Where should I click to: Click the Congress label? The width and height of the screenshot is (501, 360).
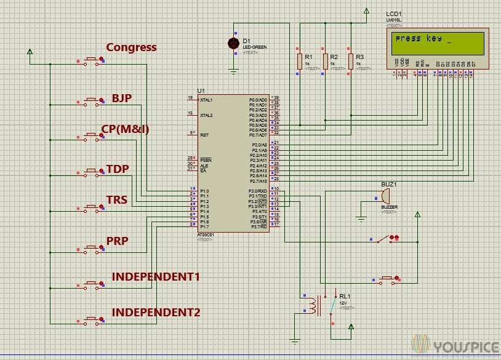coord(131,47)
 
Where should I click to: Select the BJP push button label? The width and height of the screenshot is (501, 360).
coord(122,98)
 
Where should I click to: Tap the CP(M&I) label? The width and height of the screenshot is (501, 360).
coord(125,129)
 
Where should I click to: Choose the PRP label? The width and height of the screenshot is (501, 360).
coord(117,241)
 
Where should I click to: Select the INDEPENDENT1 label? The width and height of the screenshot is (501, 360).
coord(156,276)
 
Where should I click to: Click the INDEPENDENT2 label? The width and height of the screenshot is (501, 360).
coord(156,312)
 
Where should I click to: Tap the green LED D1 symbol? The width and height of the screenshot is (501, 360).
coord(233,43)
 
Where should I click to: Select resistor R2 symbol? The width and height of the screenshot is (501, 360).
coord(325,61)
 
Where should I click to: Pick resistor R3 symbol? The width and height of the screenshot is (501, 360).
coord(350,61)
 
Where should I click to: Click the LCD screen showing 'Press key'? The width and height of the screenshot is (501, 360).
coord(439,44)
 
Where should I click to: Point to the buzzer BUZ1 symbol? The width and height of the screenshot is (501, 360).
coord(384,196)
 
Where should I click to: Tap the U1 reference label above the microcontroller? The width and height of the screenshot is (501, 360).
coord(201,90)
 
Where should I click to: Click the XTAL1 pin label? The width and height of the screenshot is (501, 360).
coord(206,99)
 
